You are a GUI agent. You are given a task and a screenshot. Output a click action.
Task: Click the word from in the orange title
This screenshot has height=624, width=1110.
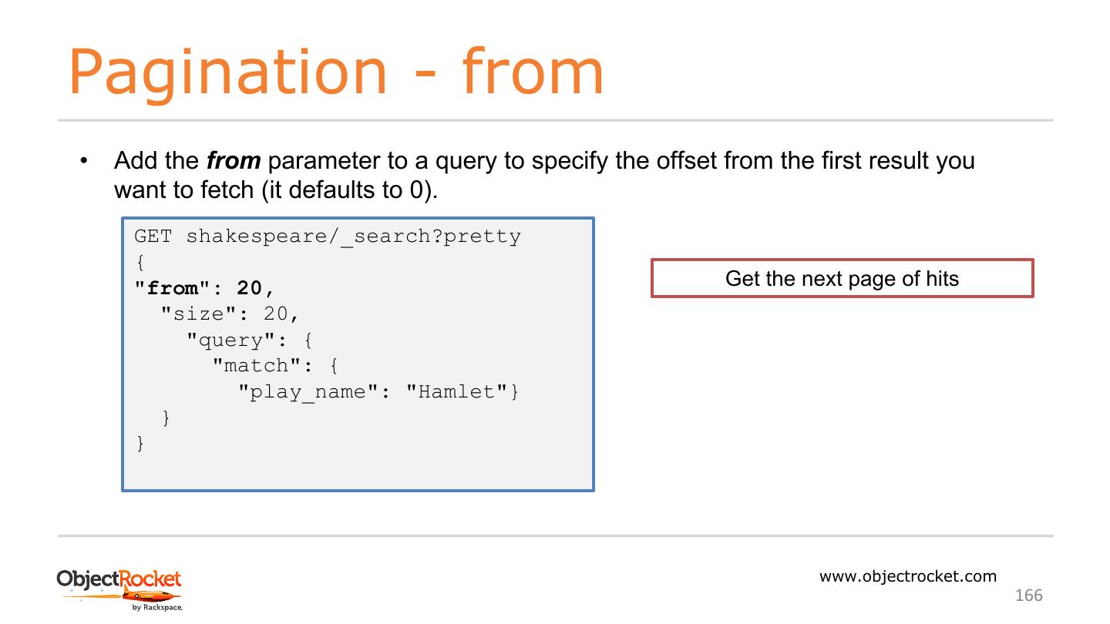pos(533,72)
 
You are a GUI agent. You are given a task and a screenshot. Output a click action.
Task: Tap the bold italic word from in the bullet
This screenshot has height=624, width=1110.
pos(234,161)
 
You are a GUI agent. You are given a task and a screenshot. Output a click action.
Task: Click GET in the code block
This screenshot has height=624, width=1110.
pos(153,236)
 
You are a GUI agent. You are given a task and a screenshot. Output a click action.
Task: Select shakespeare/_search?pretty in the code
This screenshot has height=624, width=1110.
pos(353,236)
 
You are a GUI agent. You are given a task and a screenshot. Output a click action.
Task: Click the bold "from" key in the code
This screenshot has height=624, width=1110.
pos(166,288)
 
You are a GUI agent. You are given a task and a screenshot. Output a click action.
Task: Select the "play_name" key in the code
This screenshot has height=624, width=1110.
pos(307,392)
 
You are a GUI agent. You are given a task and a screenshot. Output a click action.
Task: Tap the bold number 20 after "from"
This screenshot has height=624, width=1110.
pos(250,288)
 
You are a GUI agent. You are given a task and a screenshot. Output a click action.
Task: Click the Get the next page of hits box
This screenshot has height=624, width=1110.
pos(842,278)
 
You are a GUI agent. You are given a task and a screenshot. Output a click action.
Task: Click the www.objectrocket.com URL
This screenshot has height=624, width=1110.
pos(907,576)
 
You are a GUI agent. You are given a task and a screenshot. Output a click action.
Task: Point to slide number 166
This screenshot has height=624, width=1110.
pos(1028,595)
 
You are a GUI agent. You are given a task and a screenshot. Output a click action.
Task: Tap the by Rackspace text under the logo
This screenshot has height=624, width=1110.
pos(156,608)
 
